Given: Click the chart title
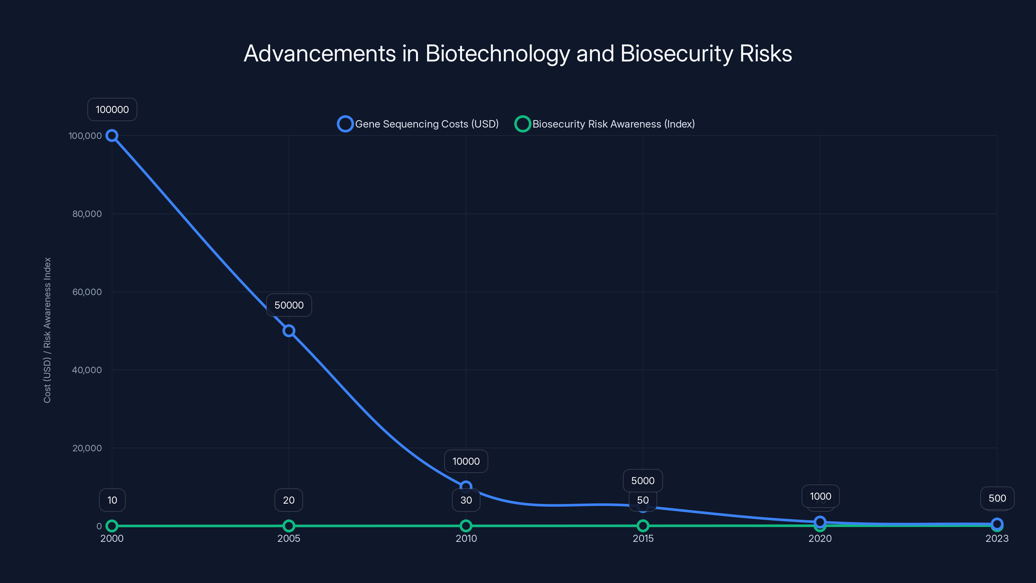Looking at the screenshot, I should (518, 53).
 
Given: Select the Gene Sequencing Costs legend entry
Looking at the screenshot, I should (418, 124).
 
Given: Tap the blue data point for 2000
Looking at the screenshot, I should (112, 136).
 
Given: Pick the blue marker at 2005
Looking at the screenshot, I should (289, 331).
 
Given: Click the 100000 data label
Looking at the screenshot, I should (112, 109).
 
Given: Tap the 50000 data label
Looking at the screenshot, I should (289, 305).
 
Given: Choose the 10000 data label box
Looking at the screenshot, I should (466, 461).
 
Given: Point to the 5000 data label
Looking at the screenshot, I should (643, 480).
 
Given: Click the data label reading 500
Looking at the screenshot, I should (997, 498).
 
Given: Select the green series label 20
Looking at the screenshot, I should (289, 500).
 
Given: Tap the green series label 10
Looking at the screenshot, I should (112, 500).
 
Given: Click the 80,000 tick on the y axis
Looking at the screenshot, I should (87, 214).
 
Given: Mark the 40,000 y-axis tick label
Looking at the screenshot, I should (87, 370).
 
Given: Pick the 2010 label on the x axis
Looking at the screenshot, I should (466, 538).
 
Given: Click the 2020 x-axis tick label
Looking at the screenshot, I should (820, 538).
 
